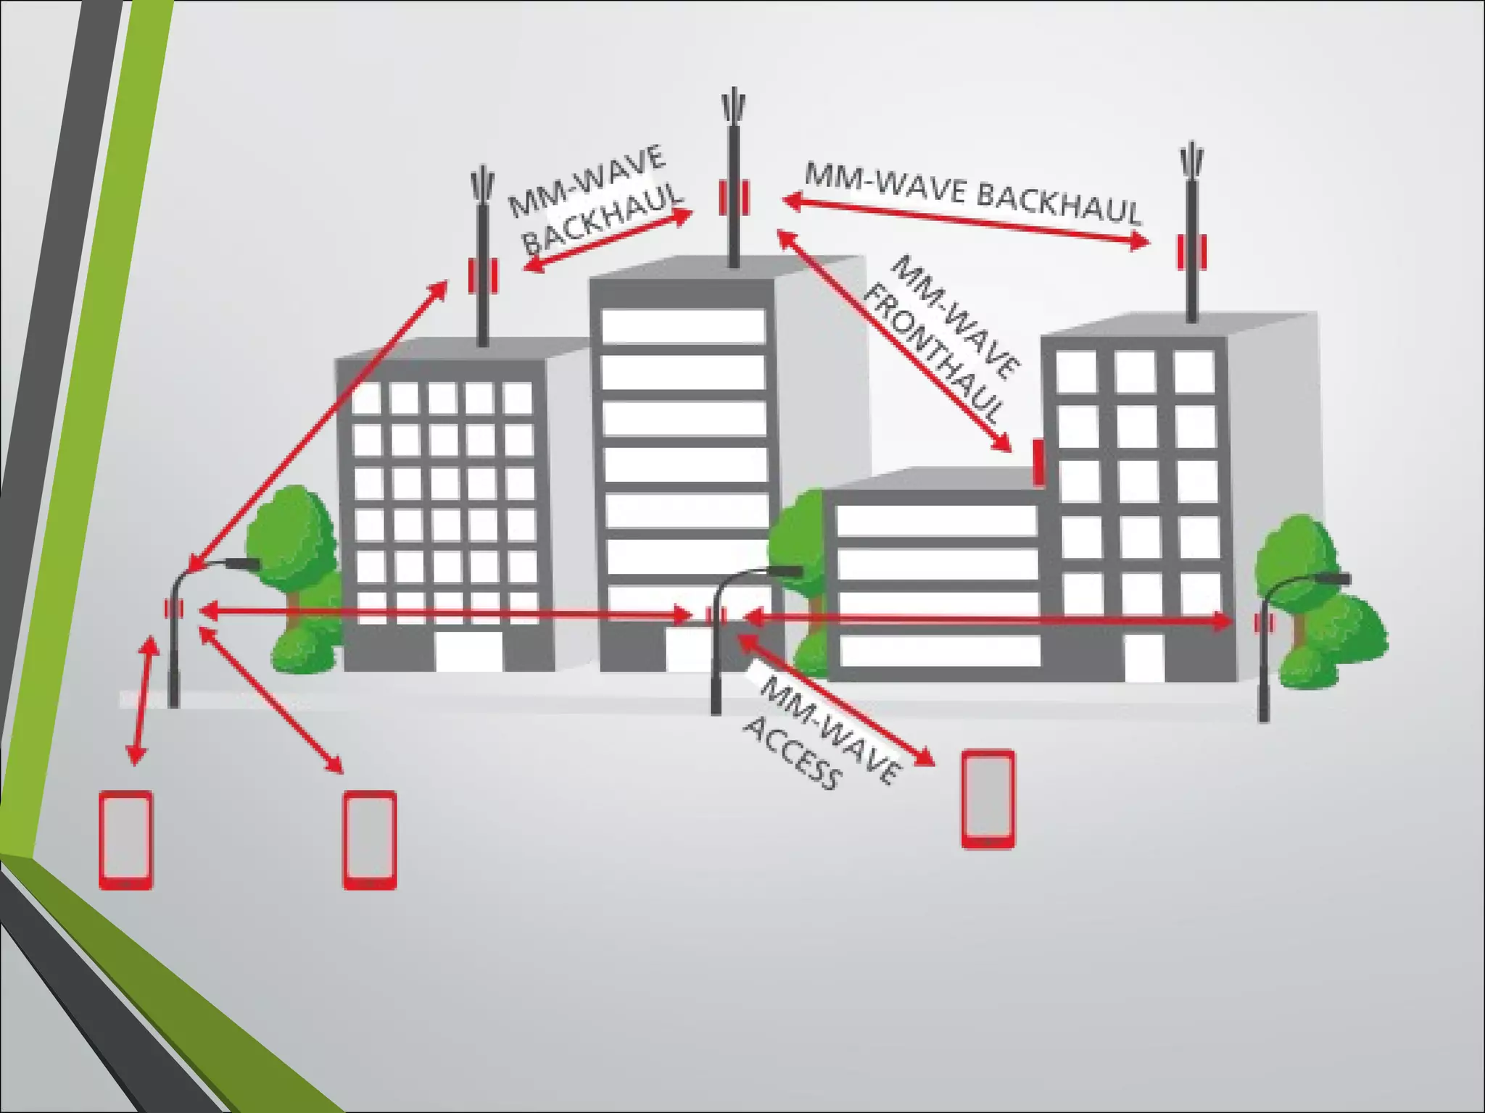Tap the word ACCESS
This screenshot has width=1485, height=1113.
tap(793, 753)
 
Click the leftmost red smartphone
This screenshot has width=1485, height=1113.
tap(126, 840)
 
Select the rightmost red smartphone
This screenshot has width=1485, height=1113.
tap(988, 799)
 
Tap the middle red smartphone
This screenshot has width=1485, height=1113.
tap(370, 840)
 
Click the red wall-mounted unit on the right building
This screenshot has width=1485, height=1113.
tap(1038, 462)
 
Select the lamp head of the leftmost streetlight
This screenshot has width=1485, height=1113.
tap(243, 563)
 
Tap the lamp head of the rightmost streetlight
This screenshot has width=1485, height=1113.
tap(1334, 578)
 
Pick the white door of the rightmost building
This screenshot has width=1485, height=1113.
tap(1144, 657)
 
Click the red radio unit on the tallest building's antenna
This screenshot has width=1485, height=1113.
tap(734, 197)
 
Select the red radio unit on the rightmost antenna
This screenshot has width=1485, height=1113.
tap(1191, 251)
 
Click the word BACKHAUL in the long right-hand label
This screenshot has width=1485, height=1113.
tap(1059, 202)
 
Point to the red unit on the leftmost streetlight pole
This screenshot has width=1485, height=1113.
tap(174, 609)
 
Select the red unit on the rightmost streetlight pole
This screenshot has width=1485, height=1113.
tap(1263, 622)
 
